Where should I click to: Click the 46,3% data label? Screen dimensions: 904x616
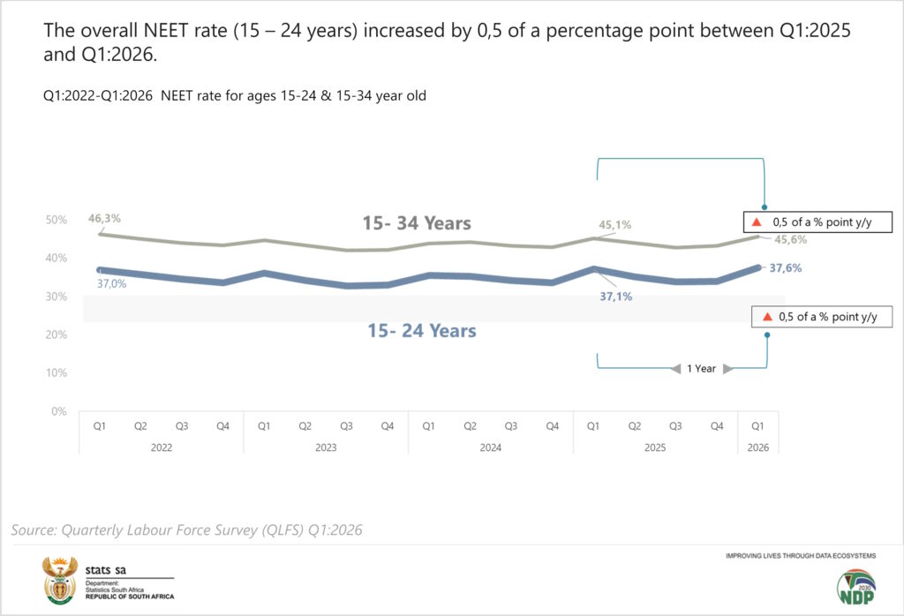(104, 218)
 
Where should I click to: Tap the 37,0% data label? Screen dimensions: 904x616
(111, 283)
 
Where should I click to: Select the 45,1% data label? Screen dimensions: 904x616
(614, 225)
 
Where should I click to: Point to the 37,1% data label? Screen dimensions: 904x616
(615, 297)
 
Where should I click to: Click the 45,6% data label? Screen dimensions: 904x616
(790, 240)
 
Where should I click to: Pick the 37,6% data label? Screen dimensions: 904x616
(785, 268)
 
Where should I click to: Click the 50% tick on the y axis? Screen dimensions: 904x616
(56, 220)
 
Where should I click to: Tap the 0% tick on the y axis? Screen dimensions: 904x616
(59, 411)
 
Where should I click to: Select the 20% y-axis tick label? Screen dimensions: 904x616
(56, 334)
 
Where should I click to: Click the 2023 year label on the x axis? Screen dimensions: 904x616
(326, 447)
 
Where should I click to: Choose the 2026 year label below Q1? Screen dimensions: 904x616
(758, 447)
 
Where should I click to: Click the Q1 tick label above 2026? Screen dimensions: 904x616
(757, 426)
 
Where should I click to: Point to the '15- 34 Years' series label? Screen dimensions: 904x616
(417, 223)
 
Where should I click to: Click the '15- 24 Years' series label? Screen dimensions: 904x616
(422, 331)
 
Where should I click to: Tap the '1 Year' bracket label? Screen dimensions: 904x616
(701, 369)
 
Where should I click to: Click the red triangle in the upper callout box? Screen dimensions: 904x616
(757, 222)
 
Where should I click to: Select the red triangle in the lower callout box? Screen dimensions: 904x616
(767, 316)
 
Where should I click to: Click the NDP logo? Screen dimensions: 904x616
(856, 587)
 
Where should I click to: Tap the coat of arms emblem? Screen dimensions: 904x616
(60, 581)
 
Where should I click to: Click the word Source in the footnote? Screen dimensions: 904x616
(34, 530)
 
